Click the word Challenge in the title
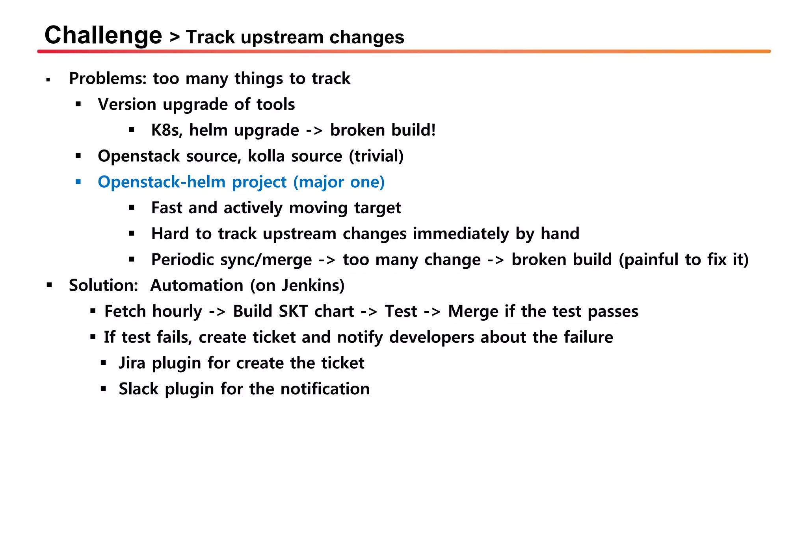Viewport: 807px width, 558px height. [x=103, y=35]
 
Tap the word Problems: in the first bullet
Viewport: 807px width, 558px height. [x=108, y=79]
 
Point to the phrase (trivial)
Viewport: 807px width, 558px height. [x=376, y=156]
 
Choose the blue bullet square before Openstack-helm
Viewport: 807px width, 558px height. [x=78, y=182]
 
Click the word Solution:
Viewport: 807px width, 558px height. [x=103, y=285]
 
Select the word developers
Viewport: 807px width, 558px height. [x=431, y=337]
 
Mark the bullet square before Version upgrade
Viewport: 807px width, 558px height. [x=78, y=105]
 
